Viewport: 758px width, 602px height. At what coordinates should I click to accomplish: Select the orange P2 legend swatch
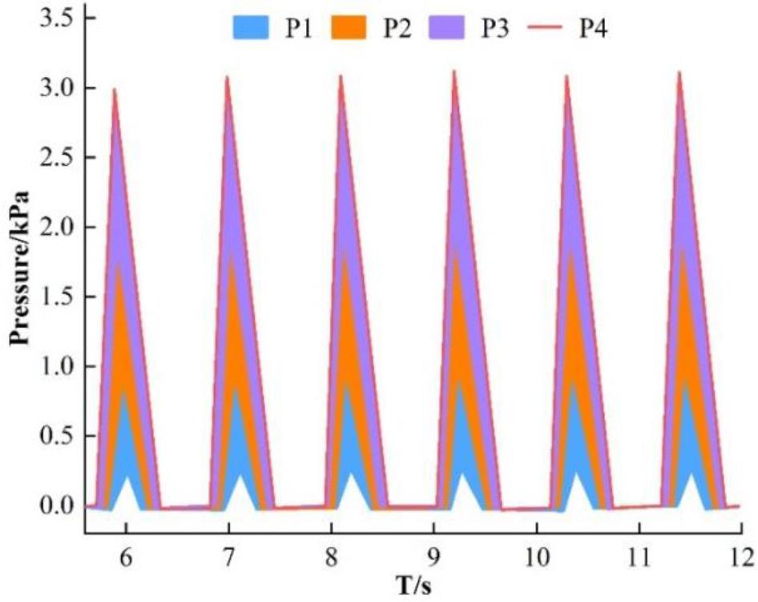coord(349,28)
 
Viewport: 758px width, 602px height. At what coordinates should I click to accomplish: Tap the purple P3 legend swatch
coord(446,28)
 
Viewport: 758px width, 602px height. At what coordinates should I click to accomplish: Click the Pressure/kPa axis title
coord(19,268)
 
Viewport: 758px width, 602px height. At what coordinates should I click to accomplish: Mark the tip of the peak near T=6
coord(115,89)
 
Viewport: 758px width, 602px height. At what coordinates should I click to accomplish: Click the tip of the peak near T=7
coord(228,77)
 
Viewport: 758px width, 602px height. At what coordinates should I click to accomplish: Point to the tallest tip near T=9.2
coord(454,71)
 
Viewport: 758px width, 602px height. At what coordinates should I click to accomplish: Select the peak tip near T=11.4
coord(680,72)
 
